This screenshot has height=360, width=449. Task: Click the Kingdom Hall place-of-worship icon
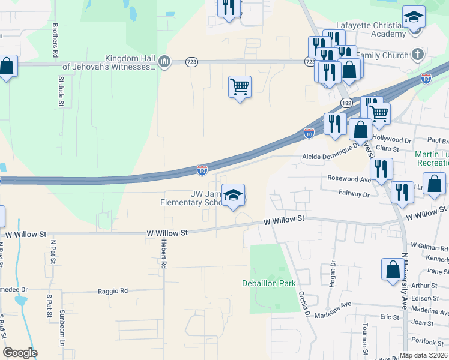[x=164, y=62]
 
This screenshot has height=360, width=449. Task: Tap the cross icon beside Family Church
[x=418, y=55]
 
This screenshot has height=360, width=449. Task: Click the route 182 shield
[x=346, y=103]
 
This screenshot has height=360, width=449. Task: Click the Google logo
[x=20, y=353]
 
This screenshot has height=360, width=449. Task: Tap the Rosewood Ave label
[x=349, y=179]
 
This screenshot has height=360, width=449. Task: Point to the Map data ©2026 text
[x=423, y=355]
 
